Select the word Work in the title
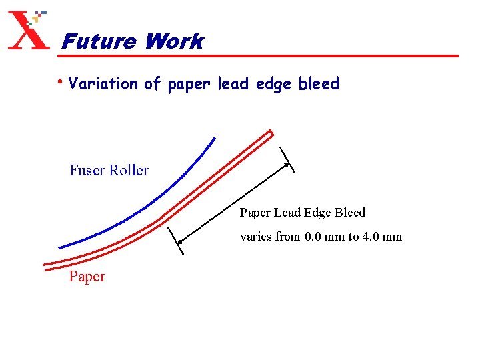173,42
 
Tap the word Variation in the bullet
104,84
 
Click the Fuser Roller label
109,171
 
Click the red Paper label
87,277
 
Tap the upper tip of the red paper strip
269,132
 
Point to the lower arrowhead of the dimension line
181,240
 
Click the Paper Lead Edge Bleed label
303,213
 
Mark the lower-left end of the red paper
45,266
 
